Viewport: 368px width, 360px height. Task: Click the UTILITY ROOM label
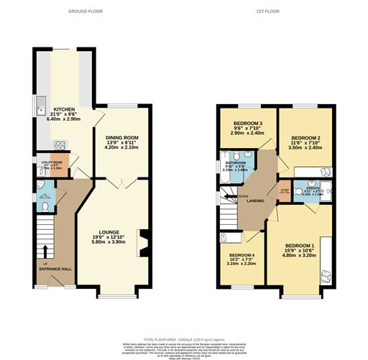(x=52, y=163)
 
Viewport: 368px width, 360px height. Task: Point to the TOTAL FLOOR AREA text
(x=184, y=338)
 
